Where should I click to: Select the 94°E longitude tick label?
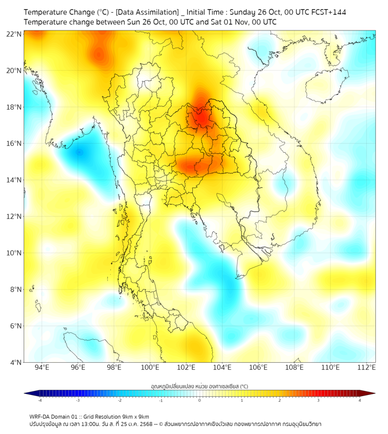point(42,367)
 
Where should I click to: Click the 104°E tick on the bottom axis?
point(222,367)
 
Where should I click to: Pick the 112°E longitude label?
point(366,367)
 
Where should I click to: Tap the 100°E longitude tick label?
point(150,367)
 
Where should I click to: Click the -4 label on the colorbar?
point(40,400)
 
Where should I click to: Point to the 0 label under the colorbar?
point(200,400)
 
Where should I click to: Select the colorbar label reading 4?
point(360,400)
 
